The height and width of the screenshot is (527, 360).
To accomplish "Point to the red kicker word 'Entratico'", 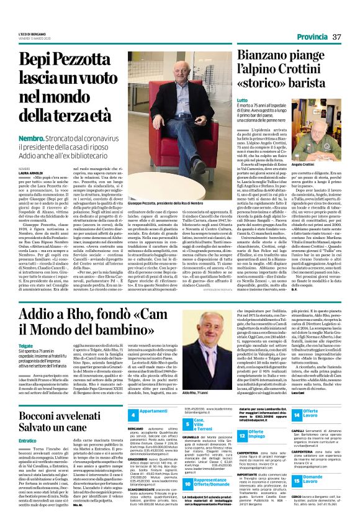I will tap(28, 440).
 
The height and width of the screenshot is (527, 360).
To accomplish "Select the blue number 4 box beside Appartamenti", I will tap(132, 412).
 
